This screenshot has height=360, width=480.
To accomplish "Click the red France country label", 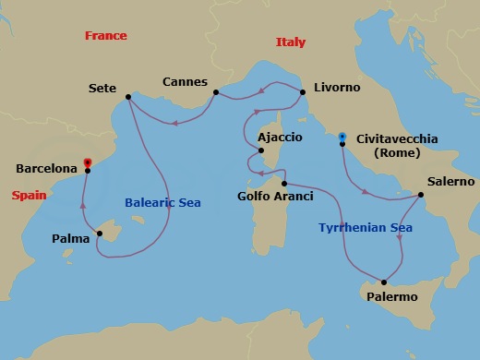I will coord(105,36).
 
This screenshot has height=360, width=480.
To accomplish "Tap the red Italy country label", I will coord(290,42).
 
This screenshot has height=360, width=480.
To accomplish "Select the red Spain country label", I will coord(29,195).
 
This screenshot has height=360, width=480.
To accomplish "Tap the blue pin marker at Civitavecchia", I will coord(342,137).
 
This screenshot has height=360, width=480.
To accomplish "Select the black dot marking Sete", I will coord(128,97).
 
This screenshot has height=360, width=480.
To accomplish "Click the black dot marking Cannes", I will coord(215,92).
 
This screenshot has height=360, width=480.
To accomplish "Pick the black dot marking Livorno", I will coord(302,90).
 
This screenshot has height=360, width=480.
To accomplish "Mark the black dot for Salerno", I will coord(421,195).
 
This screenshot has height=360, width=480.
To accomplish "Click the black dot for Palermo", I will coord(384,282).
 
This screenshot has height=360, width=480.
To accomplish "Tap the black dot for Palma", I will coord(100,234).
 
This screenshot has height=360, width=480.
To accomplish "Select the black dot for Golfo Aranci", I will coord(284,173).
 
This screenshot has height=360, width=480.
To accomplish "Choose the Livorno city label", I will coord(336,89).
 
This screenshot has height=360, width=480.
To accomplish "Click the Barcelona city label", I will coord(46,170).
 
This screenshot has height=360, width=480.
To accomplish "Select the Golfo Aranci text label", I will coord(275,196).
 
